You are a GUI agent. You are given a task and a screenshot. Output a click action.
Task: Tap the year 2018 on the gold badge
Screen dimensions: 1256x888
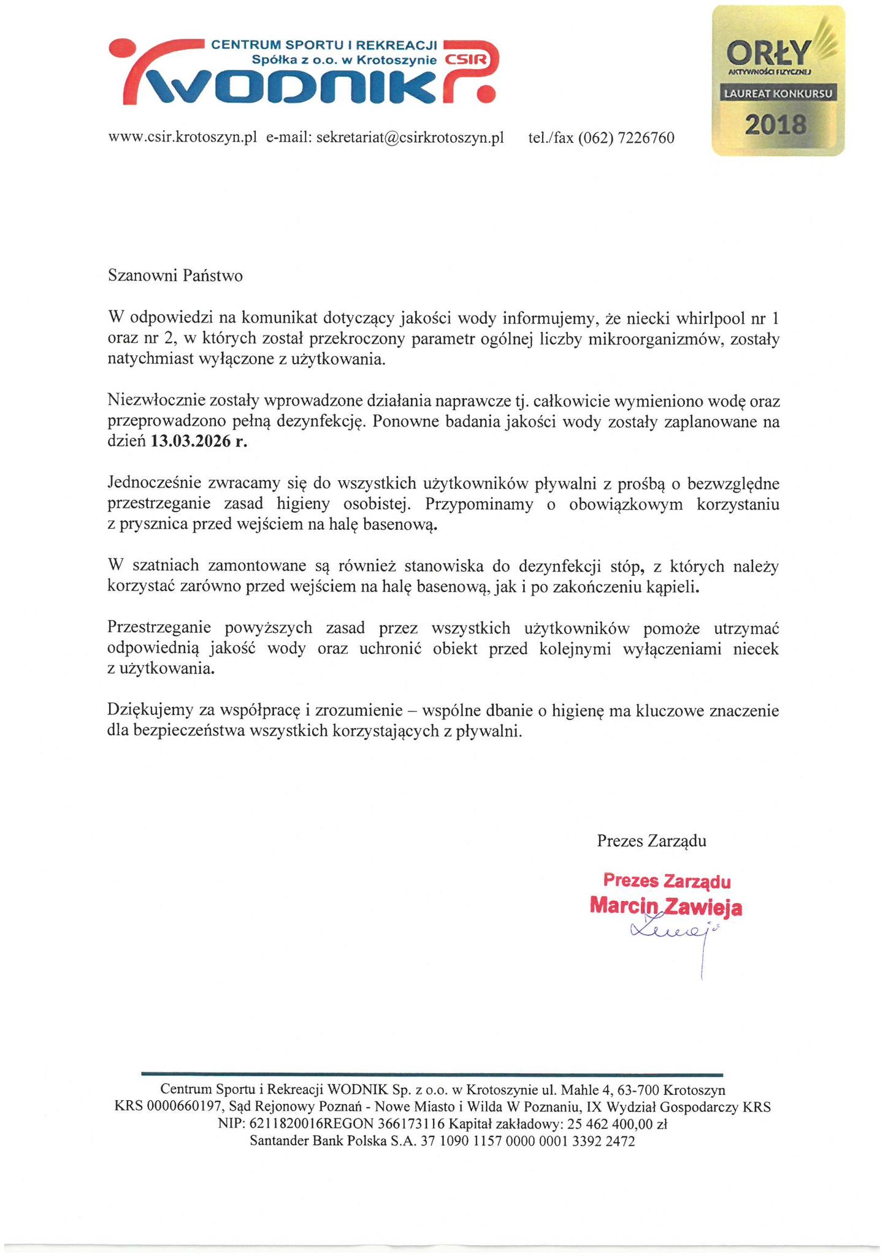[x=776, y=124]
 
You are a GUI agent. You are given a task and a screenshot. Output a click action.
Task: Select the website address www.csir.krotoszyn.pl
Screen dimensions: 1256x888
[x=182, y=137]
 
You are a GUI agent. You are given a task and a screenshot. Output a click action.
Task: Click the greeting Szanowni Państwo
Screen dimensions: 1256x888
[x=175, y=276]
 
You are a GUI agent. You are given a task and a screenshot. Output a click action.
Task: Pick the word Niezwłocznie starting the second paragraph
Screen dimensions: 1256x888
[x=156, y=401]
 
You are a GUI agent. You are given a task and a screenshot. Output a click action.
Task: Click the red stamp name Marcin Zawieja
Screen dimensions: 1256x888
[x=665, y=906]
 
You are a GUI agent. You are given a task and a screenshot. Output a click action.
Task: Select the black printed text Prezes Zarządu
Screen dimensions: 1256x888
[x=651, y=840]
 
